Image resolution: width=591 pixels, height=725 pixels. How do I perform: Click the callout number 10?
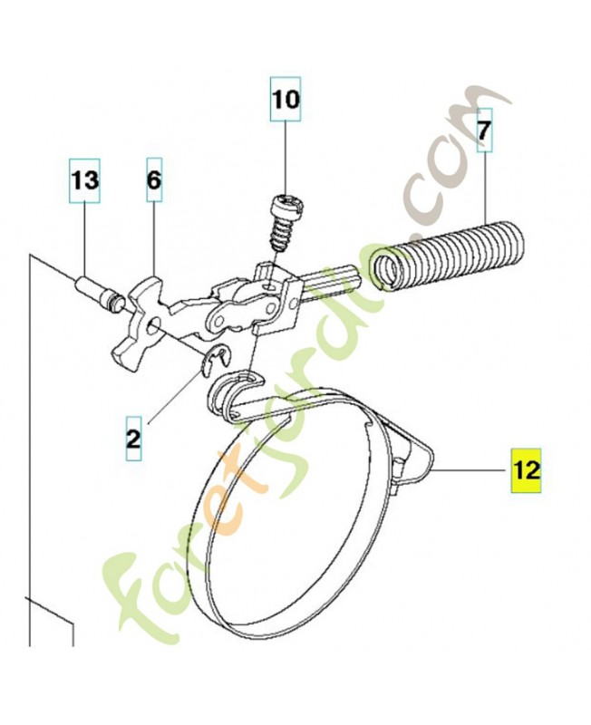286,100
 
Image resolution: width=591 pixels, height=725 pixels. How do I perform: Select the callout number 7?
484,130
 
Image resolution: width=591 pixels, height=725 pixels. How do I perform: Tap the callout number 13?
85,180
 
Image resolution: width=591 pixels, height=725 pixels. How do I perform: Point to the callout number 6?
154,179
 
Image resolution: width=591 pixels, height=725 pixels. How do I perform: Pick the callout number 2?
133,439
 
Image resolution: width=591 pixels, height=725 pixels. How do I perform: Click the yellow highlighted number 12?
527,469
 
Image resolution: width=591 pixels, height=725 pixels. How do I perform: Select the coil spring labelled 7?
450,256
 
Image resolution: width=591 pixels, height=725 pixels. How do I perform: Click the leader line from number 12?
470,469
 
